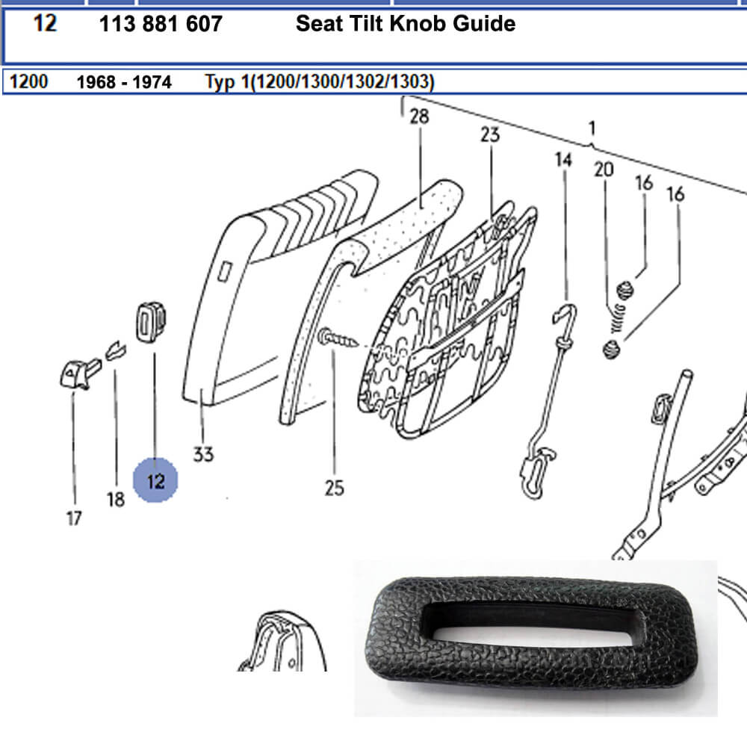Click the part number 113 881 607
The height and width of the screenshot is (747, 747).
point(161,24)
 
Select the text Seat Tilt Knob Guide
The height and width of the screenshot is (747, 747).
point(405,24)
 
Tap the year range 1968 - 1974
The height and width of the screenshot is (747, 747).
point(124,81)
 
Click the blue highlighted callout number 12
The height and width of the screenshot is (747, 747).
point(155,481)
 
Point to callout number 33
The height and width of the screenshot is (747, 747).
point(202,453)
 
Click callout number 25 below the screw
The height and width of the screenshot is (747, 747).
point(334,488)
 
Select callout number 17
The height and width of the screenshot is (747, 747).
point(73,517)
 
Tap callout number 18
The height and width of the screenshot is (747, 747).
point(115,500)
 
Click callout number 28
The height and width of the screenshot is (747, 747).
point(419,117)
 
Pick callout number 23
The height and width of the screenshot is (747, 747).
point(489,134)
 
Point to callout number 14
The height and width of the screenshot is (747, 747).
point(563,159)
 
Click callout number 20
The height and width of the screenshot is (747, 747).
point(603,170)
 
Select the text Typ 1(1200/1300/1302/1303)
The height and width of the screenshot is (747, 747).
point(319,81)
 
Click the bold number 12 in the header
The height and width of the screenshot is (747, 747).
point(46,24)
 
